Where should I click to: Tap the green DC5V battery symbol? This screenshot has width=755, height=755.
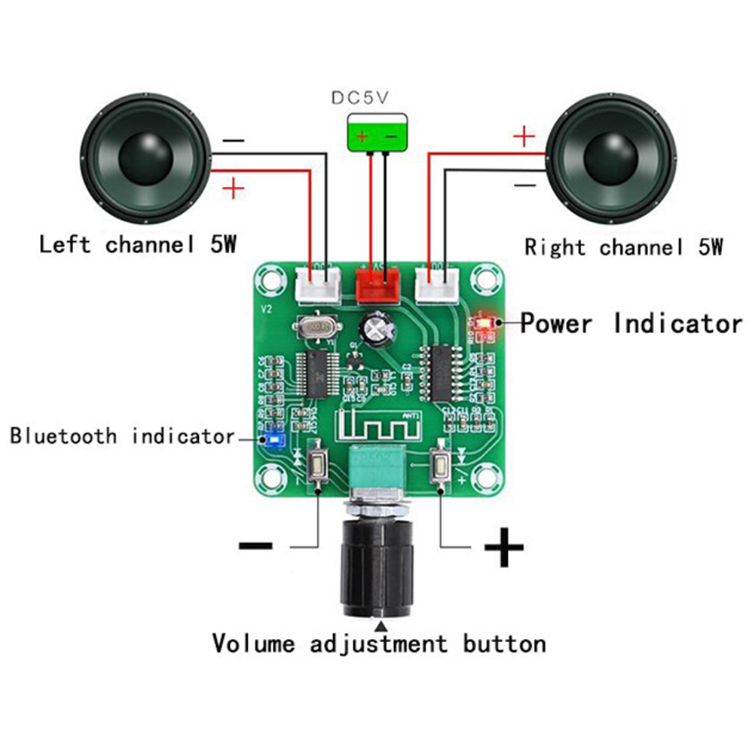[x=377, y=133]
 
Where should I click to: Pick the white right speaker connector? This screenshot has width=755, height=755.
[x=436, y=284]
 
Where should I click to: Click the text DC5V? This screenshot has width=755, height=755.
[x=362, y=97]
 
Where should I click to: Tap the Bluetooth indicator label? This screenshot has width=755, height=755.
[x=122, y=436]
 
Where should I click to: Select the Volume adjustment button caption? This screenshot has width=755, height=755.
[x=378, y=644]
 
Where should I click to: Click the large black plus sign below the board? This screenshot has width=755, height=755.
[x=503, y=548]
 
